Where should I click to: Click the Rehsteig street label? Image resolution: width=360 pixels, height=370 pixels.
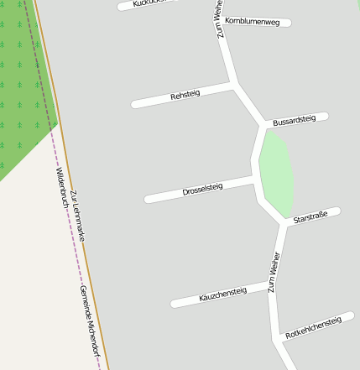click(x=185, y=96)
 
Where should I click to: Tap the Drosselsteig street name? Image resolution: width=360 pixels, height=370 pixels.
click(x=202, y=190)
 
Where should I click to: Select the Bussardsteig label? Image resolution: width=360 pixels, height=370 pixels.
click(x=294, y=122)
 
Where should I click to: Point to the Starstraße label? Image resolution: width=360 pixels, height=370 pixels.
click(x=310, y=217)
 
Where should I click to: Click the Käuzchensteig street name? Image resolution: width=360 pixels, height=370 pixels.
click(x=222, y=295)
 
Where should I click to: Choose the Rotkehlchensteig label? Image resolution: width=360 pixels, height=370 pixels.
click(x=313, y=327)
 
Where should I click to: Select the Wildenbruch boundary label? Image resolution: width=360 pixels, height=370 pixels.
click(x=61, y=188)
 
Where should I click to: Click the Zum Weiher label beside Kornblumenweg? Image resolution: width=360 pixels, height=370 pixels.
click(x=219, y=20)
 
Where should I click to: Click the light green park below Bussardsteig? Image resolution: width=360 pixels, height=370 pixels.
click(x=275, y=172)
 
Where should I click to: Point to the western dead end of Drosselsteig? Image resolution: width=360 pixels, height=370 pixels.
click(x=148, y=200)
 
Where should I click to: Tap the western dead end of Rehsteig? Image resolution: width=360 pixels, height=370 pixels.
click(x=134, y=105)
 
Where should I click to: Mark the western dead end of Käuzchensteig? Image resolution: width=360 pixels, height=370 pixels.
click(x=175, y=304)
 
